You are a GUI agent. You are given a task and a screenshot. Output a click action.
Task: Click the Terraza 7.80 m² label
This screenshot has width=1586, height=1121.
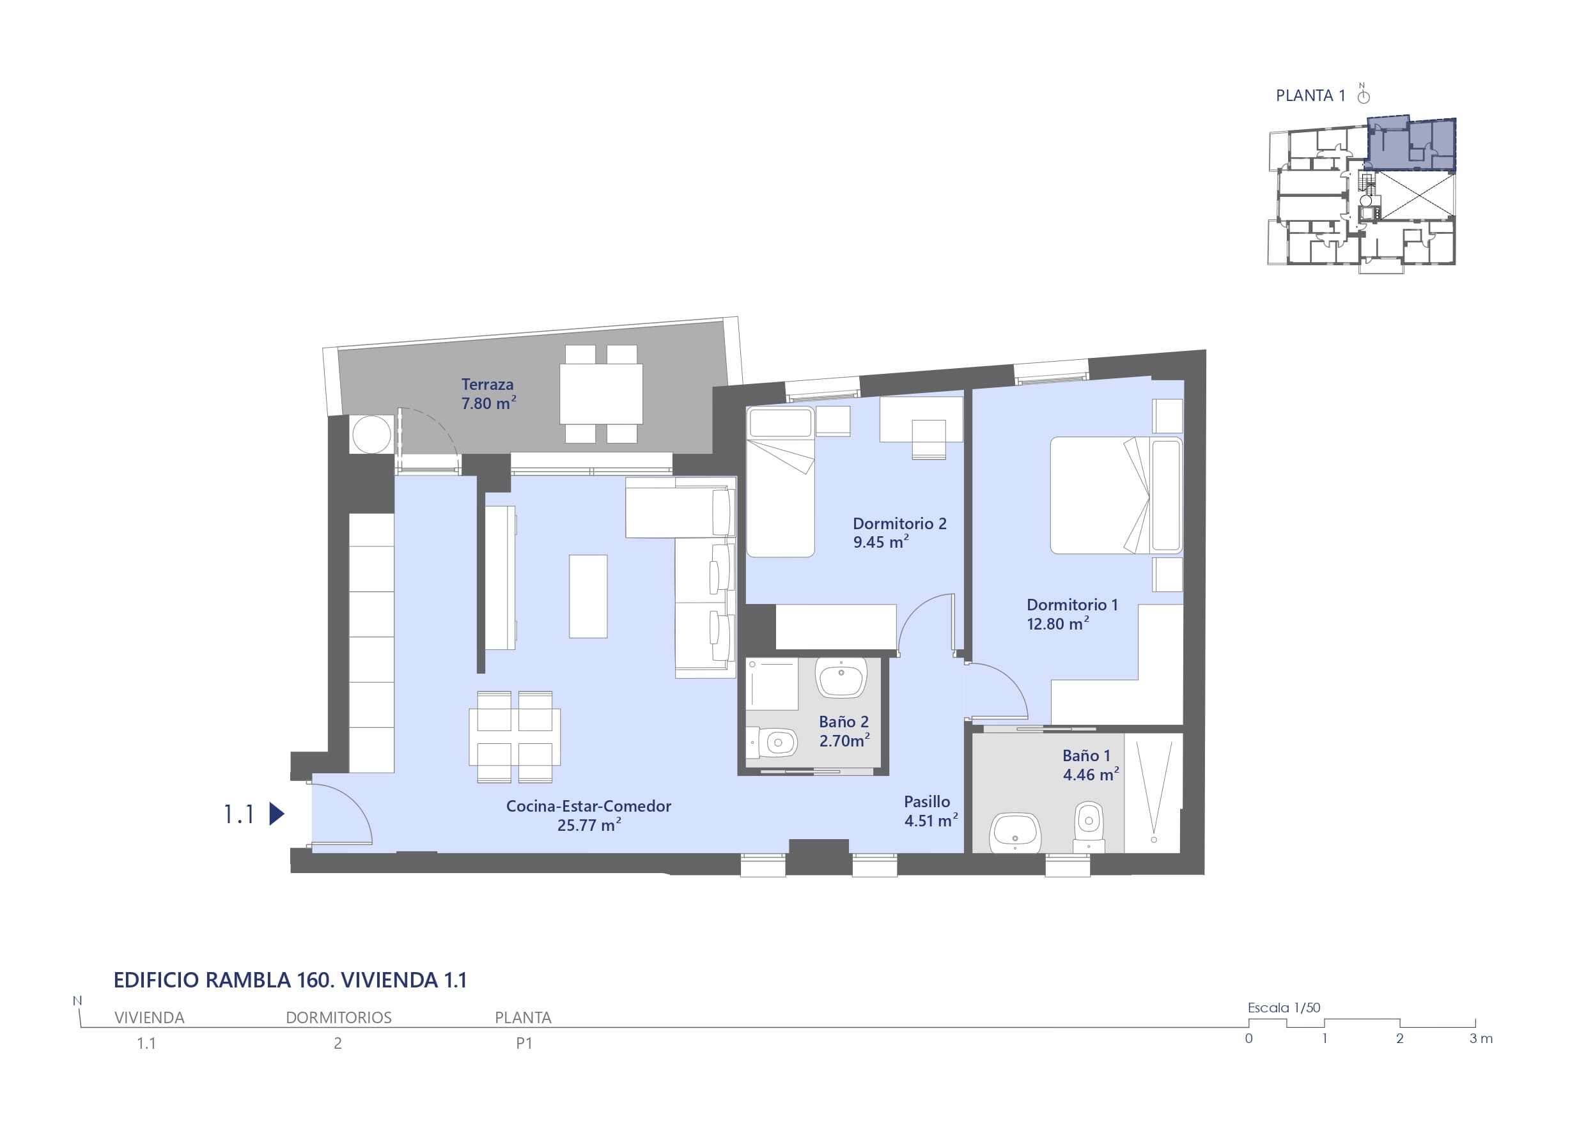point(488,394)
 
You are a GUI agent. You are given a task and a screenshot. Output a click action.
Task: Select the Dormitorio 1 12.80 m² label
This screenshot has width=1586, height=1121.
point(1072,614)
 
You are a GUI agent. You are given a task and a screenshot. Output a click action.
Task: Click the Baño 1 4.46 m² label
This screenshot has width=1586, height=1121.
point(1091,764)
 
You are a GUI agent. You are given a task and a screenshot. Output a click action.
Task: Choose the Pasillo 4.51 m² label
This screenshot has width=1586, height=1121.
point(931,811)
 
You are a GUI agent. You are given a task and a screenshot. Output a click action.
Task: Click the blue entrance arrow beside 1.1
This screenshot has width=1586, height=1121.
point(276,814)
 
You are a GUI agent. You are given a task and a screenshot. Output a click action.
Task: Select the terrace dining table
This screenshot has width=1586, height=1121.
point(601,394)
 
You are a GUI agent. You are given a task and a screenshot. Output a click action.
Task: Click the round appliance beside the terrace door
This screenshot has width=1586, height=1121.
point(371,434)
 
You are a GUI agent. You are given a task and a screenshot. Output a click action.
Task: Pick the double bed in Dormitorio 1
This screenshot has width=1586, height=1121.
point(1116,495)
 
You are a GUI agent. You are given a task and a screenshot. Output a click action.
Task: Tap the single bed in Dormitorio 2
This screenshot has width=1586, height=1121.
point(781,482)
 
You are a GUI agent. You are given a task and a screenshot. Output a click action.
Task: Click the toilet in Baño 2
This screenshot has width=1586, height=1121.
point(772,743)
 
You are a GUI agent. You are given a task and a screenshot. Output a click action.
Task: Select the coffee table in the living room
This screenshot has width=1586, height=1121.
point(588,596)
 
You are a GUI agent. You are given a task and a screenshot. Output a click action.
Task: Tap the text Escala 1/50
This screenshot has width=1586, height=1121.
point(1284,1008)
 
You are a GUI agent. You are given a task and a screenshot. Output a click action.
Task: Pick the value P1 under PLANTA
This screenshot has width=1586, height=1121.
point(524,1043)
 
